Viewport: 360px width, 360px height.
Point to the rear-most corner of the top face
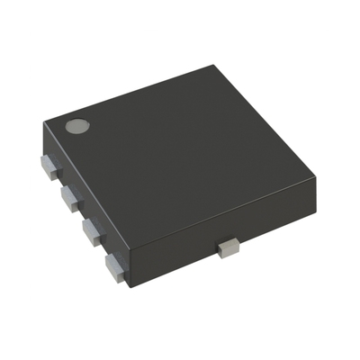click(214, 65)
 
